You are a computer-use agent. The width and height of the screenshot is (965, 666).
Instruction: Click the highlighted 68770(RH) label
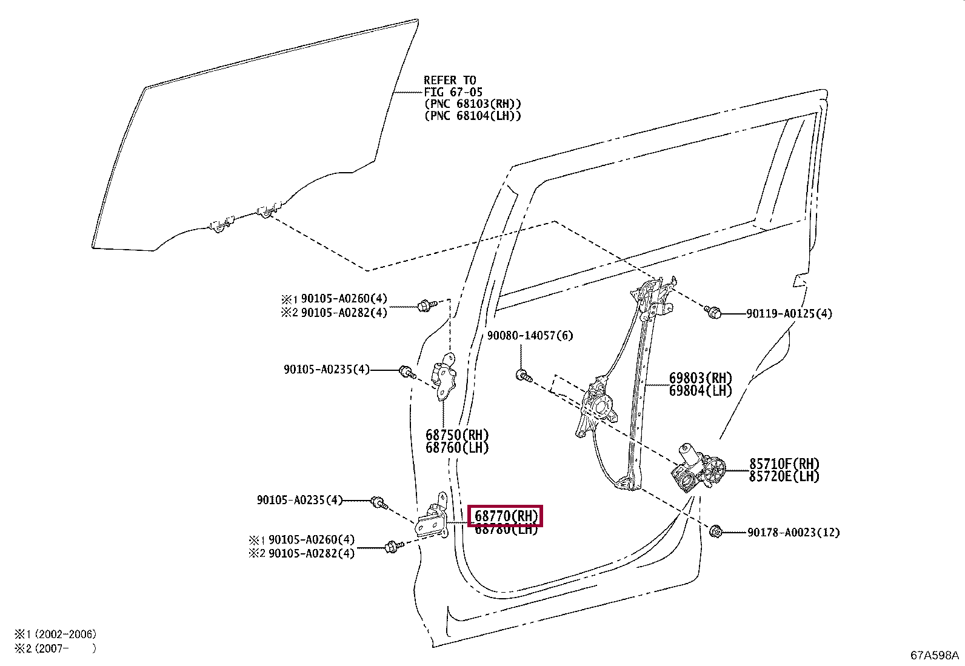(x=506, y=516)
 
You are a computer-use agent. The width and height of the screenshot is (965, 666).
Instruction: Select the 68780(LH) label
(x=506, y=530)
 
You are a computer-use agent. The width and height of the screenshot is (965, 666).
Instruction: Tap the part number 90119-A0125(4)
(x=789, y=313)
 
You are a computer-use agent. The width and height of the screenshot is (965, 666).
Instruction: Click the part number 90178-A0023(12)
(x=793, y=533)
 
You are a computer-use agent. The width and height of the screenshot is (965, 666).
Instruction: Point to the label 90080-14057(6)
(x=530, y=336)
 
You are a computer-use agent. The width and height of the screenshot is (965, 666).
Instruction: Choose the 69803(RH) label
(x=700, y=378)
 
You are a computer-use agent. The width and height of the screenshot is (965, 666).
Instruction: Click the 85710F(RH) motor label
(x=784, y=464)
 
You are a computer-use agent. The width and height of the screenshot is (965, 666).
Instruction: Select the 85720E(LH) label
(x=784, y=476)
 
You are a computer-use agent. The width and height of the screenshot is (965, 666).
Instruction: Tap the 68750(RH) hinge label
(x=456, y=435)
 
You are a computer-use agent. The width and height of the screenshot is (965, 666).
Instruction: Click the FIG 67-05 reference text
(x=453, y=92)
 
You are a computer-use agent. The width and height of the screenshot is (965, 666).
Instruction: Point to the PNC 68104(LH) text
(x=472, y=116)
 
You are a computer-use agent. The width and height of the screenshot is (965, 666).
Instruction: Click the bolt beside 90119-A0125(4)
(x=713, y=313)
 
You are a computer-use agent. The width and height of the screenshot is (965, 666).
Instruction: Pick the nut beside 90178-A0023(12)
(x=715, y=533)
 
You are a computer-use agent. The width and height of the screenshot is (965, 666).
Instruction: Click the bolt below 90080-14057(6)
(x=523, y=376)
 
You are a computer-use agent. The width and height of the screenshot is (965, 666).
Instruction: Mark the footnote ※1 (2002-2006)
(x=55, y=634)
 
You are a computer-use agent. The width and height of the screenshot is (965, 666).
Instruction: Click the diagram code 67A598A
(x=934, y=655)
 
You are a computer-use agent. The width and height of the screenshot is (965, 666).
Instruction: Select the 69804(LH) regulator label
(x=700, y=391)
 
